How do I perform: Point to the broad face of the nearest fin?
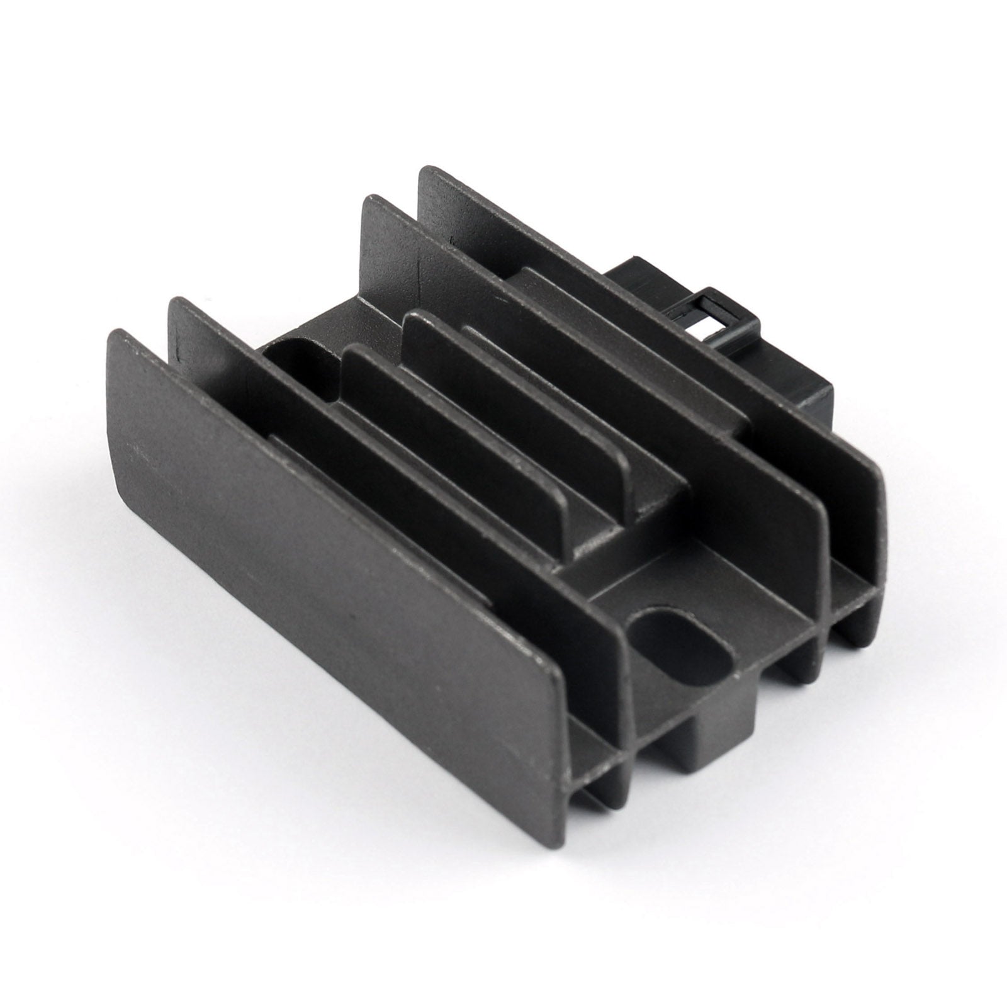[x=327, y=503]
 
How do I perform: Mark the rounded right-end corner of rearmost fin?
[x=878, y=485]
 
